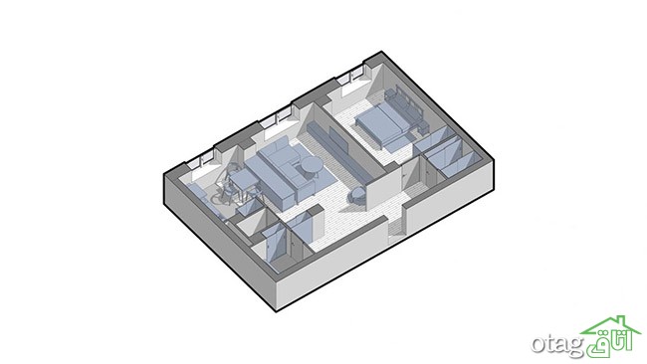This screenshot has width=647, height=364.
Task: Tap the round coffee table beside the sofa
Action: pos(312,166)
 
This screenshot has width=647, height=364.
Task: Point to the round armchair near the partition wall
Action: pos(357,195)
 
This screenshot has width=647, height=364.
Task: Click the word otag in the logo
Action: pos(557,343)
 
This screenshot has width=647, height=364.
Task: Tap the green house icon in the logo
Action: pos(611,325)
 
